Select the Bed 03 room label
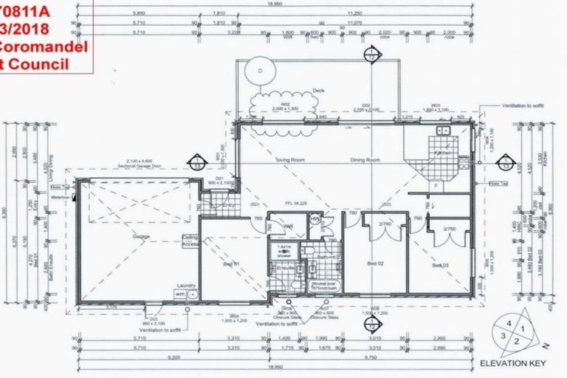[x=441, y=264]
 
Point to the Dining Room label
[x=365, y=159]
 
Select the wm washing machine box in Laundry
[x=180, y=293]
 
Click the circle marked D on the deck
[x=259, y=70]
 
